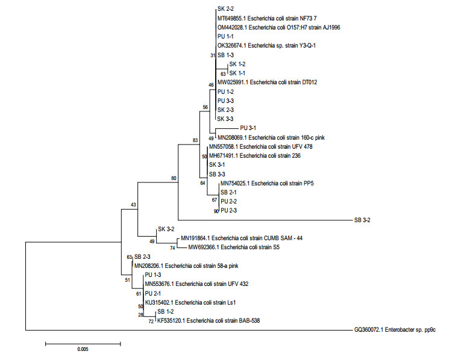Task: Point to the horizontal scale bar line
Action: pyautogui.click(x=83, y=344)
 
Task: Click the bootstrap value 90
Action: pyautogui.click(x=216, y=211)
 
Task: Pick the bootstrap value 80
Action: pyautogui.click(x=174, y=178)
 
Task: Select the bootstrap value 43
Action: pyautogui.click(x=134, y=205)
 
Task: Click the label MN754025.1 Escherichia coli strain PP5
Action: pyautogui.click(x=263, y=182)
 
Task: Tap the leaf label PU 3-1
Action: pyautogui.click(x=248, y=128)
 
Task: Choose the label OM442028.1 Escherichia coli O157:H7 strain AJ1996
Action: pyautogui.click(x=281, y=27)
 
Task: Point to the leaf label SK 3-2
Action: pyautogui.click(x=166, y=229)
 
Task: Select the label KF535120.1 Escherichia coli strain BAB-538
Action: pyautogui.click(x=208, y=321)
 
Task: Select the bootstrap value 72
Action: pyautogui.click(x=152, y=322)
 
